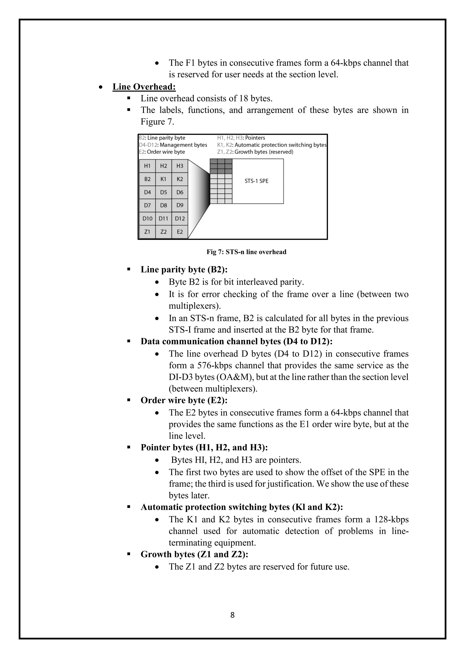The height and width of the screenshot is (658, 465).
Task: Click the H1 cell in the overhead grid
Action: tap(147, 166)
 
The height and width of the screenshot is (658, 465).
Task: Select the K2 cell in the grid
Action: tap(180, 179)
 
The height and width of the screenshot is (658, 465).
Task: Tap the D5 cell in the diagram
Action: tap(163, 192)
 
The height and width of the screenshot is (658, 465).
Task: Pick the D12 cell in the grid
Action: tap(180, 219)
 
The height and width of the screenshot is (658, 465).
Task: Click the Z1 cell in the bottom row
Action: tap(147, 232)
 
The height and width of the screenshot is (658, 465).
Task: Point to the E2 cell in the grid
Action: tap(180, 232)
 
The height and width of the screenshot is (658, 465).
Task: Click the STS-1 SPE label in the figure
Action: tap(257, 181)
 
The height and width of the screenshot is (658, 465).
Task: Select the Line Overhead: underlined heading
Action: tap(144, 87)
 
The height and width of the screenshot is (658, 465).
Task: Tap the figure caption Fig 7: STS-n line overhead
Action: tap(246, 252)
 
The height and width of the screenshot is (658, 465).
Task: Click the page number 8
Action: tap(232, 615)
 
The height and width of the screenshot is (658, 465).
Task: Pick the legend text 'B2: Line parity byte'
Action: tap(162, 138)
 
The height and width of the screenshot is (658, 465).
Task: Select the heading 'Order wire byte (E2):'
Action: tap(184, 400)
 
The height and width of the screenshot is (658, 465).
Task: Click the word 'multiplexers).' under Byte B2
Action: tap(195, 306)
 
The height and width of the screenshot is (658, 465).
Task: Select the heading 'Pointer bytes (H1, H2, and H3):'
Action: tap(204, 447)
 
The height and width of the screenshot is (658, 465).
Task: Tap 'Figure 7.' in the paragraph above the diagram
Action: tap(157, 122)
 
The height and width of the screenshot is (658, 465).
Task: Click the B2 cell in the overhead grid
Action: tap(147, 179)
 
